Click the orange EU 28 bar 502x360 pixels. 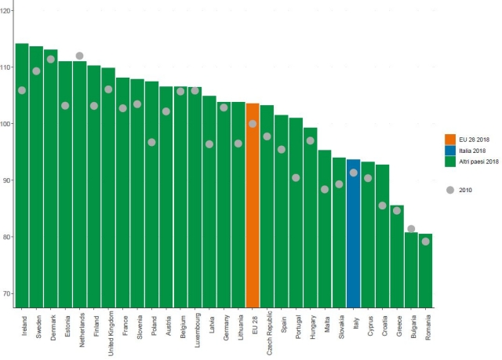tap(253, 204)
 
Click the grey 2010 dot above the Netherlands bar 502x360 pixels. tap(79, 56)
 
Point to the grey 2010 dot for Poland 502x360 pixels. tap(151, 142)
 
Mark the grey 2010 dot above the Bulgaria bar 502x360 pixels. tap(411, 228)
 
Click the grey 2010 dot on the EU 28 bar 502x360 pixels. tap(253, 124)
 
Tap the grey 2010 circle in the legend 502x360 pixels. tap(450, 189)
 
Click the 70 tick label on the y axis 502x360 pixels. tap(8, 293)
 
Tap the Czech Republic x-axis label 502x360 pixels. tap(267, 333)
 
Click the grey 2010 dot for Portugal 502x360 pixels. tap(296, 177)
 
